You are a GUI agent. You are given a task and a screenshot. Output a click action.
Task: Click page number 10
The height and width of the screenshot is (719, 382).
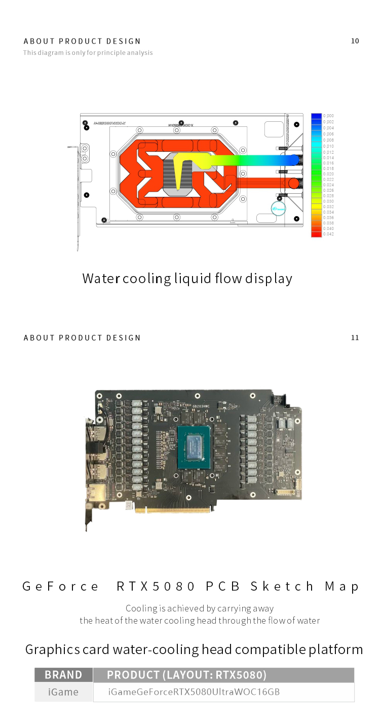point(355,41)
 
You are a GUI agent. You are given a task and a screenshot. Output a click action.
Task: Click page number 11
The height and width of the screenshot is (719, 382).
point(355,338)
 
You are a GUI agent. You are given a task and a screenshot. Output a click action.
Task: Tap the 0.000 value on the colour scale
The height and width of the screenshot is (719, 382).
point(328,116)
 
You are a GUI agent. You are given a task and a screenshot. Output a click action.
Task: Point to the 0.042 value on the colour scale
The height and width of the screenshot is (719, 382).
point(328,234)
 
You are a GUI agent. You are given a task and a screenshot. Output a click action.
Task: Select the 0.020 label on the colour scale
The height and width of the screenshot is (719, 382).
point(328,174)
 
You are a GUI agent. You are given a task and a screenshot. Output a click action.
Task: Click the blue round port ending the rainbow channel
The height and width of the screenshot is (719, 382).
point(293,160)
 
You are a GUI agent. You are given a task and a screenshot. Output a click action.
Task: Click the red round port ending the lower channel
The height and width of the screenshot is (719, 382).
point(293,183)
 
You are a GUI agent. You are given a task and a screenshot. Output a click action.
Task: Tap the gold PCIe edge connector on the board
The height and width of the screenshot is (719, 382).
point(172,509)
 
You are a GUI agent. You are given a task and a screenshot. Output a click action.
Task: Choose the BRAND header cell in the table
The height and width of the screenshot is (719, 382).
point(63,675)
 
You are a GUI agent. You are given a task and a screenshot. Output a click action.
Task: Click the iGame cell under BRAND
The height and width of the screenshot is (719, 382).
point(63,692)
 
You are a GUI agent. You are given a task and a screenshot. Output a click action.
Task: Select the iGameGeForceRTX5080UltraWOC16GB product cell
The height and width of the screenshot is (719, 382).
point(194,692)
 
